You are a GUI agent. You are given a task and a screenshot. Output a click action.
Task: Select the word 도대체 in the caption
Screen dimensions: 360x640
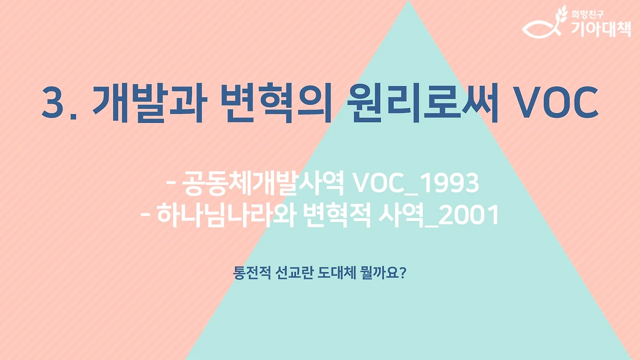(x=336, y=273)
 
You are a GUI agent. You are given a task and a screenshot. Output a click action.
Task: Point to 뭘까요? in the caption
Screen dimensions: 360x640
(x=382, y=273)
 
